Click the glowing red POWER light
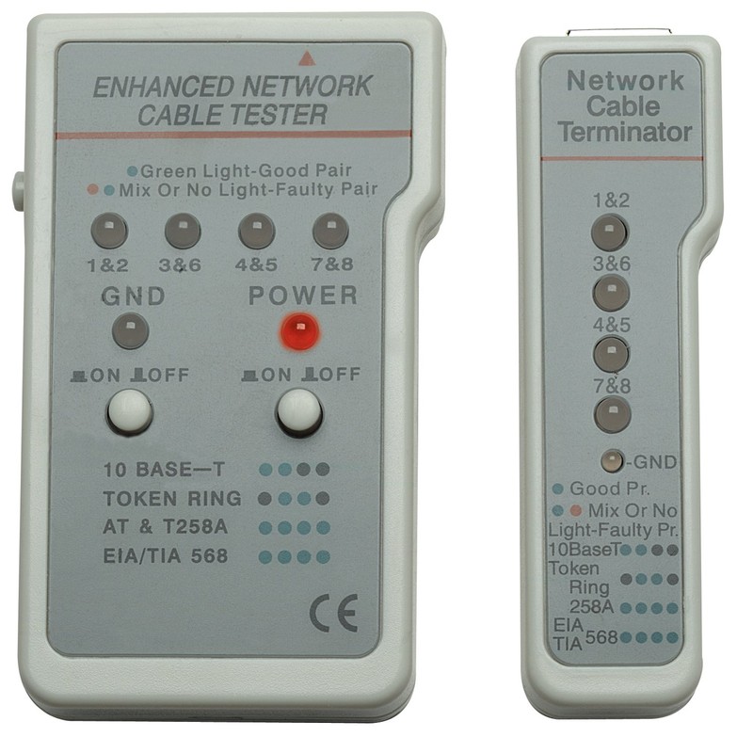click(298, 331)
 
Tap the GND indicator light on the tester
click(130, 331)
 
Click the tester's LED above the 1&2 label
click(109, 231)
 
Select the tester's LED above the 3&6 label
click(182, 231)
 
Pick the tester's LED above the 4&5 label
click(256, 231)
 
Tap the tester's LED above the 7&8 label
click(329, 231)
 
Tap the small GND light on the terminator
click(614, 461)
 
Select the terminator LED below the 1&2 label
click(610, 232)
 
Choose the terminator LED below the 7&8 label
click(610, 414)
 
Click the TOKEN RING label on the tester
click(173, 498)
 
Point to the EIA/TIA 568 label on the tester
click(167, 556)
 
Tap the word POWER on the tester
click(303, 296)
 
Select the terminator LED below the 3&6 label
click(610, 293)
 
